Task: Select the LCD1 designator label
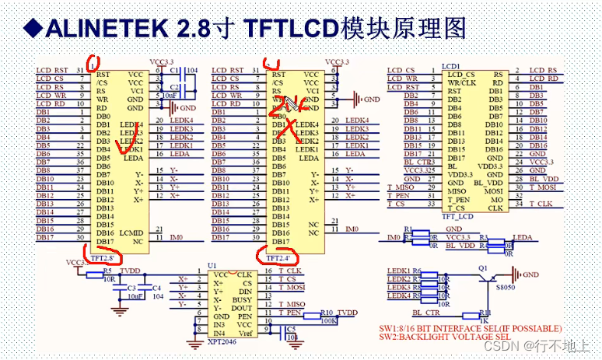(451, 66)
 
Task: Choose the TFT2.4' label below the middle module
(278, 257)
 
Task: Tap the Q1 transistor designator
(484, 267)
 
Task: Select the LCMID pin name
(131, 233)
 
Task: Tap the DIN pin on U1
(245, 291)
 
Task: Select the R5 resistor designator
(107, 271)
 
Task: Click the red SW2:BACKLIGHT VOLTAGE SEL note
(461, 337)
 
